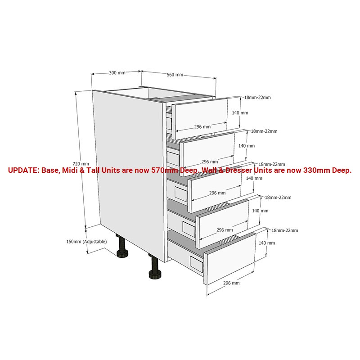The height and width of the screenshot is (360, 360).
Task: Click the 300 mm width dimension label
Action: (117, 73)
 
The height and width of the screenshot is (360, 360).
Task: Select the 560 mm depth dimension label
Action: (175, 75)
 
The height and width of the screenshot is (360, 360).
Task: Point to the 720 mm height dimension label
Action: (81, 164)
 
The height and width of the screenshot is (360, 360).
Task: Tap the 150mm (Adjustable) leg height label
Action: (86, 242)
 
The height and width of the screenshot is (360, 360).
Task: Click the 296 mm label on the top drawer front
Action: (202, 126)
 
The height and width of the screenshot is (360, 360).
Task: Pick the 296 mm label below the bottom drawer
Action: (231, 283)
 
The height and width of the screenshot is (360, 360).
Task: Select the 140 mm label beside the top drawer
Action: (240, 113)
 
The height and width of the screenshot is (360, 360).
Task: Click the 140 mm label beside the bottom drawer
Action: (267, 243)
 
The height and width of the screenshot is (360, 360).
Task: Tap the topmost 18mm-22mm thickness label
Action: (257, 97)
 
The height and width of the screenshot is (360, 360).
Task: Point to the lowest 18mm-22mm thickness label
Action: (285, 230)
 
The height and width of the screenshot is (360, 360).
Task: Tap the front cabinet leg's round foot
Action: (155, 275)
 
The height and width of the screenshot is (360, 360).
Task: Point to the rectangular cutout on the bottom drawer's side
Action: (197, 262)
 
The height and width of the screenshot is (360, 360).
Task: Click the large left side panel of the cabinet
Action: (129, 175)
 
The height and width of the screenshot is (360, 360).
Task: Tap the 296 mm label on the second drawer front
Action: (210, 162)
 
